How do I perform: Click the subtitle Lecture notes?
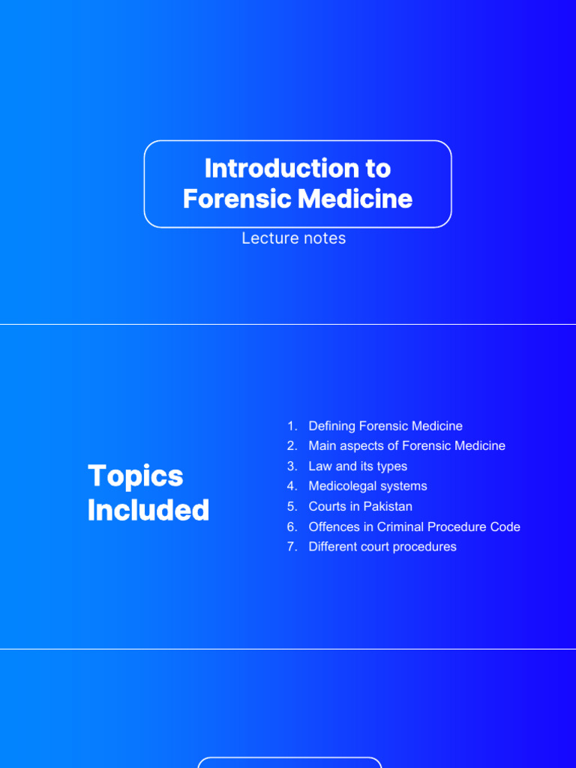(x=293, y=238)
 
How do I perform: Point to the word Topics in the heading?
(x=135, y=476)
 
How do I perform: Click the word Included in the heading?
(x=148, y=511)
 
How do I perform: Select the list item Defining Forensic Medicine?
(x=385, y=426)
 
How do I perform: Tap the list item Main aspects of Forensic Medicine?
(x=406, y=446)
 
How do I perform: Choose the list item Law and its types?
(x=358, y=466)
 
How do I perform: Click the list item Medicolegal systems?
(x=367, y=486)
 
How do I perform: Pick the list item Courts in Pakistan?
(x=360, y=506)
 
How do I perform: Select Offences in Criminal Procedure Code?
(x=414, y=526)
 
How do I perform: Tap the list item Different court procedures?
(x=382, y=547)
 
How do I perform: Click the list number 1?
(x=291, y=426)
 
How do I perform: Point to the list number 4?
(x=291, y=486)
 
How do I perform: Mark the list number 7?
(x=291, y=547)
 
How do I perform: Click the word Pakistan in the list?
(x=388, y=506)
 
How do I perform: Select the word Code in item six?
(x=505, y=526)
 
